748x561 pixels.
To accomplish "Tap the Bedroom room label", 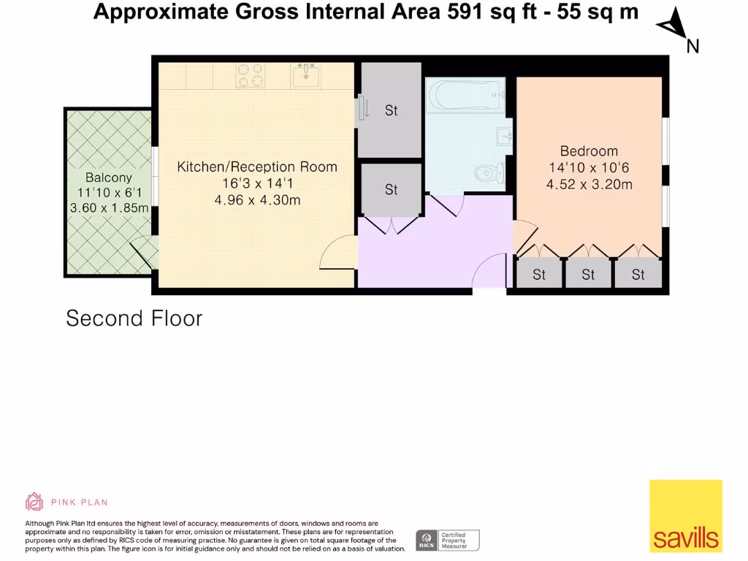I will click(x=589, y=151).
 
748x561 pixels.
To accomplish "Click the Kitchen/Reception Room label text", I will click(x=257, y=167).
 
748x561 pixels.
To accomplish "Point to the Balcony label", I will click(x=109, y=178).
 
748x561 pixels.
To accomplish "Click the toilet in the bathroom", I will click(x=488, y=173).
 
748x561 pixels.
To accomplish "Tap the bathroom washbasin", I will click(x=503, y=136).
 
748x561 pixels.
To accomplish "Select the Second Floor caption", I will click(x=134, y=318).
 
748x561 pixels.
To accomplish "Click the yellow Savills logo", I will click(x=686, y=516).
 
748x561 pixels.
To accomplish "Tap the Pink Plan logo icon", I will click(x=34, y=502).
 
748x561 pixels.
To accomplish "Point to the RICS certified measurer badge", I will click(x=448, y=541).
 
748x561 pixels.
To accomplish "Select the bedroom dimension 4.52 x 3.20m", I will click(x=589, y=185).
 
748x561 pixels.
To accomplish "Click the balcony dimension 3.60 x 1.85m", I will click(x=109, y=208).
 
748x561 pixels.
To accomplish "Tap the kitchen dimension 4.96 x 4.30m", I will click(x=257, y=200).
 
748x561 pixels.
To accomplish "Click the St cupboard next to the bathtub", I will click(x=391, y=111).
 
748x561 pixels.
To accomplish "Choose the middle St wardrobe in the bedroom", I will click(x=588, y=275).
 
